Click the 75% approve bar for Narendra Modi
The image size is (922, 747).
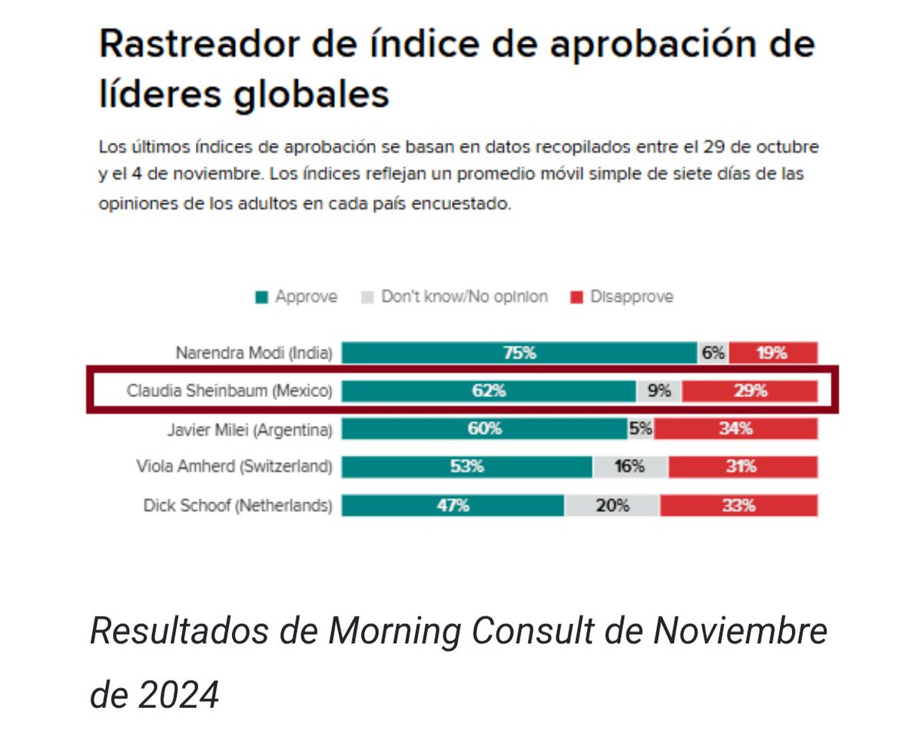click(x=519, y=353)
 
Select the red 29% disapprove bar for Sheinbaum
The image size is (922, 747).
click(x=749, y=390)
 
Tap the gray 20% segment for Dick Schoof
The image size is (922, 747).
click(x=612, y=506)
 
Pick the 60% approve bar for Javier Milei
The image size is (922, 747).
click(x=484, y=429)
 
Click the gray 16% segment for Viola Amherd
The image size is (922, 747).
click(x=630, y=466)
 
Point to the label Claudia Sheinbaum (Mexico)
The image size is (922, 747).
click(x=229, y=391)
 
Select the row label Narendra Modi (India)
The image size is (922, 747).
click(x=254, y=354)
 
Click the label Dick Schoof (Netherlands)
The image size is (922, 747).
click(x=237, y=506)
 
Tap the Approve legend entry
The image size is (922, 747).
click(x=297, y=297)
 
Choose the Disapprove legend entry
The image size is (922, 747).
click(x=622, y=297)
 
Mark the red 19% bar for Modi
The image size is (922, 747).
click(x=773, y=353)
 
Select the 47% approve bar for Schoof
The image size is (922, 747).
click(x=453, y=506)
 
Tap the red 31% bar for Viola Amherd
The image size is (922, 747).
click(x=743, y=466)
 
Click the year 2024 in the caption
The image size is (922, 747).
click(x=179, y=696)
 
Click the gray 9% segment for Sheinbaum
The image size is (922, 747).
click(x=658, y=390)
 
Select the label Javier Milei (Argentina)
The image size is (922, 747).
click(x=250, y=429)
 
